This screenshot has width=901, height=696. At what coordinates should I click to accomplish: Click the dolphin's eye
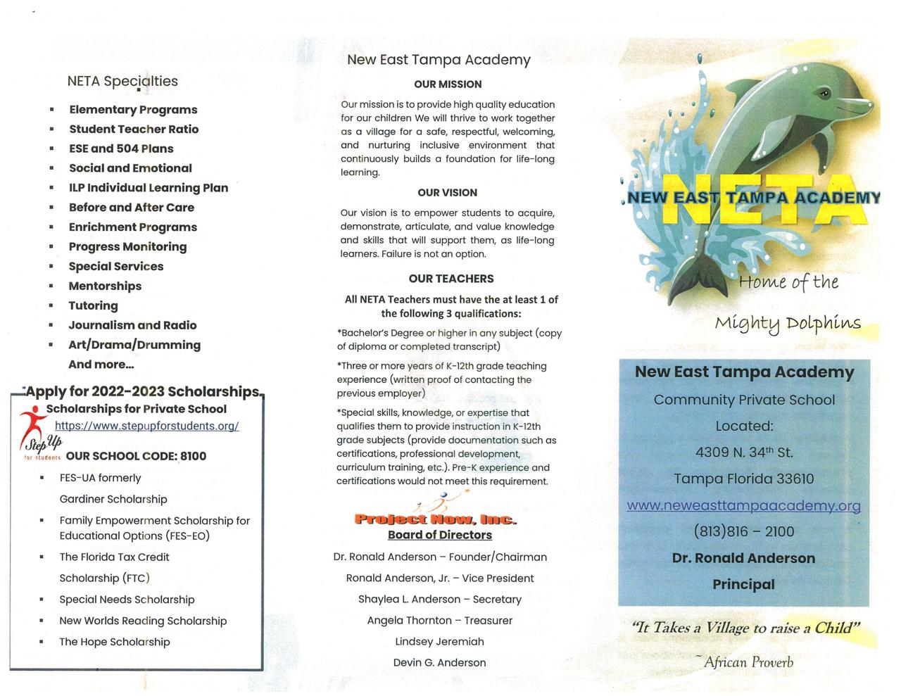click(x=823, y=92)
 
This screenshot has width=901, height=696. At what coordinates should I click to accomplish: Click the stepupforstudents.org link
click(x=146, y=426)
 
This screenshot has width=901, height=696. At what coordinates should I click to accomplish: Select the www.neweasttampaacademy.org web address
click(x=743, y=505)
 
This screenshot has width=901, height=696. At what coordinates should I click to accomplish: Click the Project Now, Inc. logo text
click(x=435, y=519)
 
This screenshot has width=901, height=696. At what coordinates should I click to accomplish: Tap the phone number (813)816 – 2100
click(x=743, y=531)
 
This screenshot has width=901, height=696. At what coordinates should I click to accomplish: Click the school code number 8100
click(x=193, y=456)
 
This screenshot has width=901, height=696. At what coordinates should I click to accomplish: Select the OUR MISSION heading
click(x=448, y=84)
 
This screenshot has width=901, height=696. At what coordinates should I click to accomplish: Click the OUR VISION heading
click(x=447, y=193)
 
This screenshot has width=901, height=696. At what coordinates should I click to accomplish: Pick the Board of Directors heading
click(x=439, y=535)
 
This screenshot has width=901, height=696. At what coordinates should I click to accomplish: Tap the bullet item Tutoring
click(x=93, y=305)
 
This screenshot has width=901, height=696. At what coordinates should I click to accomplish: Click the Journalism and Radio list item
click(x=132, y=325)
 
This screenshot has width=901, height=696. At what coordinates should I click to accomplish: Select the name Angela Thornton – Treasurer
click(x=439, y=620)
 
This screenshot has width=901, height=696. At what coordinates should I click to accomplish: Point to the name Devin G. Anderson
click(x=439, y=662)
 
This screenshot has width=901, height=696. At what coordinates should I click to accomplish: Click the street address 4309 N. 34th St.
click(x=743, y=453)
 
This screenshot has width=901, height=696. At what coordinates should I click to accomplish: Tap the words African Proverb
click(x=748, y=662)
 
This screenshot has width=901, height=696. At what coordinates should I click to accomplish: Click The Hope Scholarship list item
click(x=115, y=642)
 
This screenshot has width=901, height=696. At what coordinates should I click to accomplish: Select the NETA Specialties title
click(x=122, y=81)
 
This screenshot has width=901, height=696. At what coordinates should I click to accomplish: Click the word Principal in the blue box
click(x=743, y=584)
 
